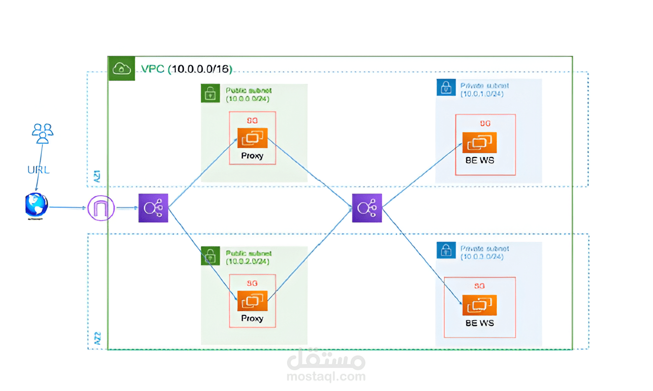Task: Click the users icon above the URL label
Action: pyautogui.click(x=42, y=133)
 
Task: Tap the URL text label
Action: pyautogui.click(x=38, y=169)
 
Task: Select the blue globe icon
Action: pyautogui.click(x=37, y=206)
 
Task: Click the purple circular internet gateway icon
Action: pyautogui.click(x=101, y=209)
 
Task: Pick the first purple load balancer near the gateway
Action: pyautogui.click(x=153, y=208)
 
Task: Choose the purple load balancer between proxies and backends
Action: pyautogui.click(x=367, y=208)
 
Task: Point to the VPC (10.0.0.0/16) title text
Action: pyautogui.click(x=187, y=69)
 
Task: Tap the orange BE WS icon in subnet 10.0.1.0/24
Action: pyautogui.click(x=479, y=142)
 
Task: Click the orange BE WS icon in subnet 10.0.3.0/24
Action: pyautogui.click(x=479, y=305)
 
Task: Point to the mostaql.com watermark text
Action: pyautogui.click(x=326, y=376)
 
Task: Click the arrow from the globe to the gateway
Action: pyautogui.click(x=67, y=208)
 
